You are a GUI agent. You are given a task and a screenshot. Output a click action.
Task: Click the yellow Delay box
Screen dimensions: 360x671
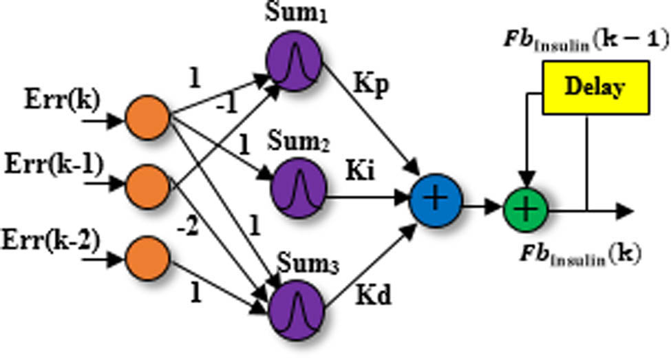[595, 87]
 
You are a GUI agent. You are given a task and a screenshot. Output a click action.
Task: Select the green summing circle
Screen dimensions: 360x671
[525, 209]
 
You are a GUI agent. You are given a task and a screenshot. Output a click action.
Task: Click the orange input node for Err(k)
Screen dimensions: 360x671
[147, 118]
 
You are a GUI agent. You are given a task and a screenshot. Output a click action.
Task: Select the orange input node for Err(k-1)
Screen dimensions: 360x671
[147, 183]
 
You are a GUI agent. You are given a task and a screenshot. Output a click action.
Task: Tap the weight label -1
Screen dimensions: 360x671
[226, 104]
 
